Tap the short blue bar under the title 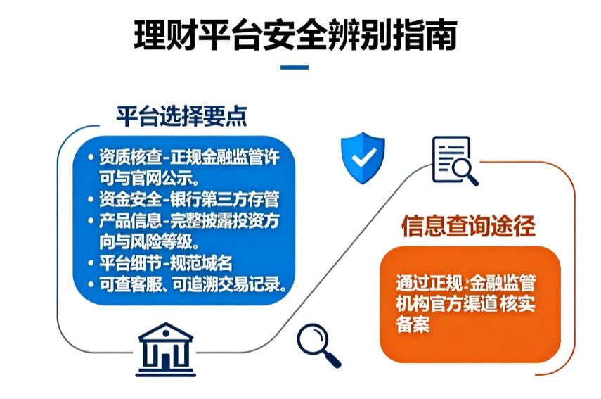pyautogui.click(x=294, y=68)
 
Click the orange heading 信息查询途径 pyautogui.click(x=468, y=227)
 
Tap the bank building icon pyautogui.click(x=166, y=347)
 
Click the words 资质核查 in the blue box pyautogui.click(x=124, y=157)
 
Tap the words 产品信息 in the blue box pyautogui.click(x=124, y=220)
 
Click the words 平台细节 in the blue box pyautogui.click(x=124, y=264)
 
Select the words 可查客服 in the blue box pyautogui.click(x=124, y=285)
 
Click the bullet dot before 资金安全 pyautogui.click(x=91, y=198)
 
